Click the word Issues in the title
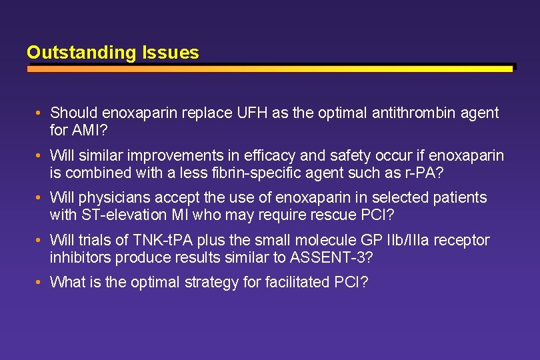(170, 53)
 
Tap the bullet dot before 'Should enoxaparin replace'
(40, 113)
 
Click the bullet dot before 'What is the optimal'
(40, 282)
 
